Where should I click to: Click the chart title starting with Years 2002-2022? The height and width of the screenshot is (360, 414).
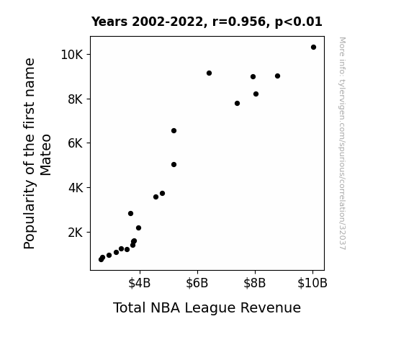click(207, 22)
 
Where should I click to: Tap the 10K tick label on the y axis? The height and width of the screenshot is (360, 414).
click(71, 55)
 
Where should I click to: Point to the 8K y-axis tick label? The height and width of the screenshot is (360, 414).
click(75, 99)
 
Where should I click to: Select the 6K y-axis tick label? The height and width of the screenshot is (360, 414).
click(75, 143)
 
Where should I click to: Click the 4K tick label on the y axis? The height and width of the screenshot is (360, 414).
click(76, 188)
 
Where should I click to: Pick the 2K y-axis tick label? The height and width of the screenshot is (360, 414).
click(75, 233)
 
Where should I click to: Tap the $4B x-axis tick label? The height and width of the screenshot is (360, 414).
click(140, 283)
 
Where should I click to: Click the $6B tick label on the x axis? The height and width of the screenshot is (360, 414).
click(197, 283)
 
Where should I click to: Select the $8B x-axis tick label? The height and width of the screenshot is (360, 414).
click(255, 283)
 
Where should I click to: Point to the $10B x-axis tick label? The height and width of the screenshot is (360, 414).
click(312, 283)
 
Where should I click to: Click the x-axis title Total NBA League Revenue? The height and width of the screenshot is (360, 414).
click(207, 307)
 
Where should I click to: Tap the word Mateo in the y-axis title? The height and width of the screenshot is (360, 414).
click(45, 155)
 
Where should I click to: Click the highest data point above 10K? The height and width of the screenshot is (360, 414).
click(313, 48)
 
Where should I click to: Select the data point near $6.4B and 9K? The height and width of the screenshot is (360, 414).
click(209, 73)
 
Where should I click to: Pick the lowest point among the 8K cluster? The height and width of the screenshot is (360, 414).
click(237, 103)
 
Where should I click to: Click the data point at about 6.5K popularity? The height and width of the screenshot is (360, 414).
click(174, 131)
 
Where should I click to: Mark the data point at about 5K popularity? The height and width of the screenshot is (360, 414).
click(174, 165)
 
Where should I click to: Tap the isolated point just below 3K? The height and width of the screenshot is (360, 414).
click(131, 213)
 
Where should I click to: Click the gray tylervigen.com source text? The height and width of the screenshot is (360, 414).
click(343, 143)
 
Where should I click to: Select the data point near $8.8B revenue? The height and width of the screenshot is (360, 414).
click(277, 76)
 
